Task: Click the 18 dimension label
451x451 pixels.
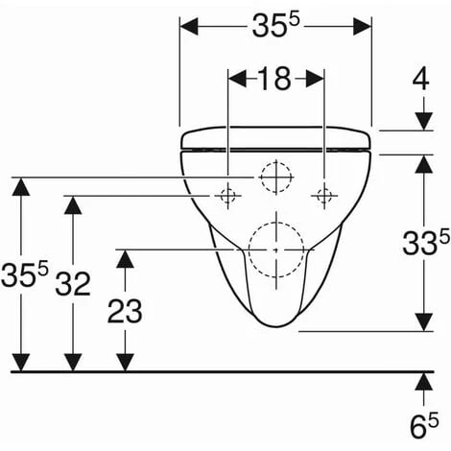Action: coord(274,78)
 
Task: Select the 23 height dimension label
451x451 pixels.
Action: coord(125,311)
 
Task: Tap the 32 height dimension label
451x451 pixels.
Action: coord(73,283)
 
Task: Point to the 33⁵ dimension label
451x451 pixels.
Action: coord(426,243)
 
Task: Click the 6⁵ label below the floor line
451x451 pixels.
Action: coord(424,426)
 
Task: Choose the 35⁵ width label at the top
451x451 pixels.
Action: coord(275,25)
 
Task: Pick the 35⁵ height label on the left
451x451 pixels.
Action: coord(24,273)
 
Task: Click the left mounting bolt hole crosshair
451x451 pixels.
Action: coord(227,196)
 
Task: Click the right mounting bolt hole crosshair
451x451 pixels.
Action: coord(324,196)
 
